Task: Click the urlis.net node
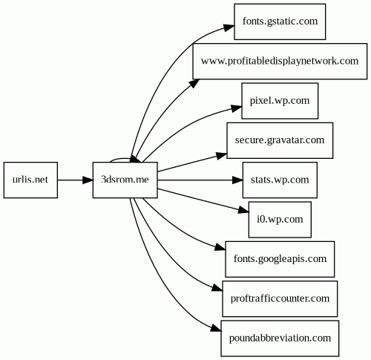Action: [x=30, y=180]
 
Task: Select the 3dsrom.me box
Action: [x=125, y=180]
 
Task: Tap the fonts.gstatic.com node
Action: [x=280, y=22]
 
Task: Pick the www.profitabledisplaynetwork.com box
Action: [x=280, y=61]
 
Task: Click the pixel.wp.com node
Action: [x=280, y=101]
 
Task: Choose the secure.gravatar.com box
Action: [x=280, y=140]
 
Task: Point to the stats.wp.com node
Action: [x=280, y=180]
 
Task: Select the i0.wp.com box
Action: [x=280, y=220]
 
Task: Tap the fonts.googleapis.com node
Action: [x=280, y=259]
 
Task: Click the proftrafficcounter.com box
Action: [x=280, y=298]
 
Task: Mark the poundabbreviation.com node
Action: [x=280, y=338]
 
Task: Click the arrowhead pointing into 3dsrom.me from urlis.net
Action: [x=88, y=180]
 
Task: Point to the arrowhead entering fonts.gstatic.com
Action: [x=229, y=27]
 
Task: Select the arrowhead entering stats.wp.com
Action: [x=237, y=180]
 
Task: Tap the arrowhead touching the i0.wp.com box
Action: [x=243, y=210]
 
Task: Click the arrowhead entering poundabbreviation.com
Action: [x=216, y=329]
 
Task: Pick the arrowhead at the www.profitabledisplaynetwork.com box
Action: [x=195, y=83]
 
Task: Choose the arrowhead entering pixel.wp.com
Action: [x=237, y=108]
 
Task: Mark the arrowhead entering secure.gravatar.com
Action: [x=222, y=156]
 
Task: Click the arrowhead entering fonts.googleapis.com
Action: [x=220, y=247]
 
